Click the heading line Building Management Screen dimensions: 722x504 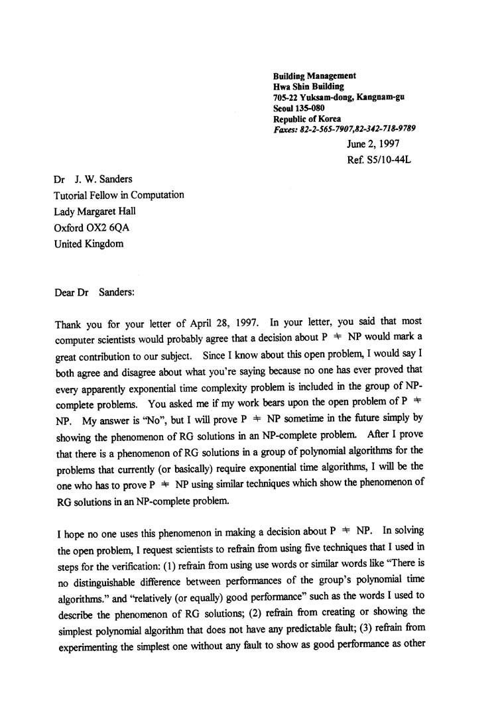click(314, 76)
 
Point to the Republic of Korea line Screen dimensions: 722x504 click(307, 119)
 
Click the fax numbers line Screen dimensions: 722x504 click(344, 129)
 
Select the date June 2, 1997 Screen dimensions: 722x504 click(373, 144)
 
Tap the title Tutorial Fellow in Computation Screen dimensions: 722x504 click(119, 195)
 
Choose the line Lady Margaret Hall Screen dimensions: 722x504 click(97, 211)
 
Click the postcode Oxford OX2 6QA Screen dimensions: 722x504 click(94, 227)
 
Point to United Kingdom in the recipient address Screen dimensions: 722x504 click(89, 243)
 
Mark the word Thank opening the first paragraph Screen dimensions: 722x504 click(68, 325)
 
